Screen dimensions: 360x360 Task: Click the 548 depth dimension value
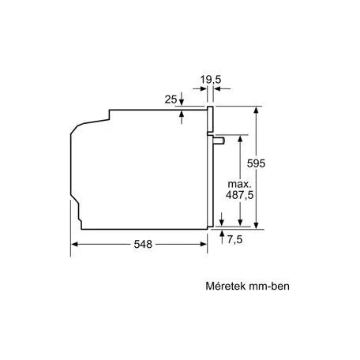click(x=142, y=246)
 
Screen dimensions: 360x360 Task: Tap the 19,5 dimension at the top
click(x=209, y=79)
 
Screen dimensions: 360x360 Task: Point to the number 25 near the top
click(x=170, y=99)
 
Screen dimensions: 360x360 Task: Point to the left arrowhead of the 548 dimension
click(x=77, y=246)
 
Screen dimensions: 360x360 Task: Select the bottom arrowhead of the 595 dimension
click(x=257, y=225)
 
